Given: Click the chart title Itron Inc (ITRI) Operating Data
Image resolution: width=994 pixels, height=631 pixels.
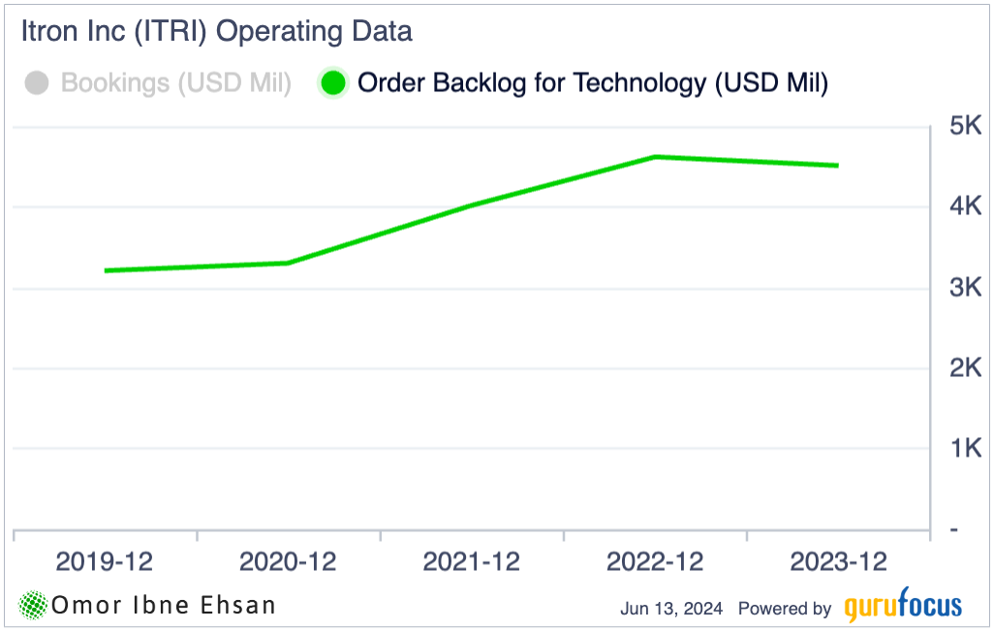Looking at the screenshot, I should coord(216,31).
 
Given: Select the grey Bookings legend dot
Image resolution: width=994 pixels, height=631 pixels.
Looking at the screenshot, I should coord(38,83).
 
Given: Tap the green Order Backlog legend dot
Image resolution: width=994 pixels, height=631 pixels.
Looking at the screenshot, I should coord(333,83).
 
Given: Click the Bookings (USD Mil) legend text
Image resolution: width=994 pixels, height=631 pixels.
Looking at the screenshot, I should coord(175,83).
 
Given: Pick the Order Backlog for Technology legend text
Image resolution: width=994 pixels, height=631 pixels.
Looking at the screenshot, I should coord(593,83).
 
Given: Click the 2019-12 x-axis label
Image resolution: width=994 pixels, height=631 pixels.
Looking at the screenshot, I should coord(105,561).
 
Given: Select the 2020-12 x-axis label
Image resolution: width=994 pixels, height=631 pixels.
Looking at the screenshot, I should coord(288,561).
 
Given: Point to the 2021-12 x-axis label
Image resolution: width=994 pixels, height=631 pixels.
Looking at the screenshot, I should coord(472,561).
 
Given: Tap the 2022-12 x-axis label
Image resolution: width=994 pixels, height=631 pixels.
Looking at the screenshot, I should coord(655,561).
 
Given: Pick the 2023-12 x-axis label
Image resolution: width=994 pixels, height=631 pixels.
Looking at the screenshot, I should coord(839,561).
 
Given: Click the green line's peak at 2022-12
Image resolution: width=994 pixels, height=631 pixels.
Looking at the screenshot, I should coord(656,156).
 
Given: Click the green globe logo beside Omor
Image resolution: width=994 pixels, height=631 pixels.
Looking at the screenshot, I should coord(34,606).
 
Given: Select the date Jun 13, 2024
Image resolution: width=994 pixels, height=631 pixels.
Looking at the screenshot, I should coord(671,609).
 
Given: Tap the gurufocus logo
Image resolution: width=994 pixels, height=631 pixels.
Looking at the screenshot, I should coord(903,606).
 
